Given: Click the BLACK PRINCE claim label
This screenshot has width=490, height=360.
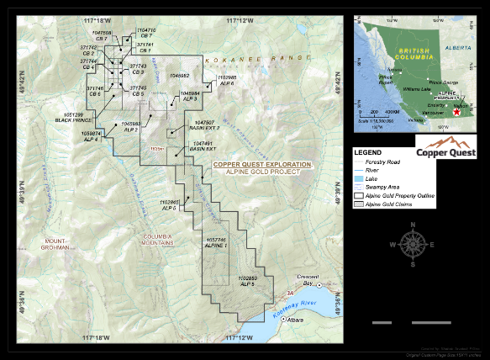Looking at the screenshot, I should click(x=68, y=119).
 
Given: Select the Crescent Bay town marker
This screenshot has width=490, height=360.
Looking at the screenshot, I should click(x=319, y=286).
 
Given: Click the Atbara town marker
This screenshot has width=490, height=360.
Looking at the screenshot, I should click(x=285, y=320).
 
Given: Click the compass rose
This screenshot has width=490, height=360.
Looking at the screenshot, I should click(x=412, y=243).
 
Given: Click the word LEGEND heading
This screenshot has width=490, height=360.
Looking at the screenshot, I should click(x=367, y=151).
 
